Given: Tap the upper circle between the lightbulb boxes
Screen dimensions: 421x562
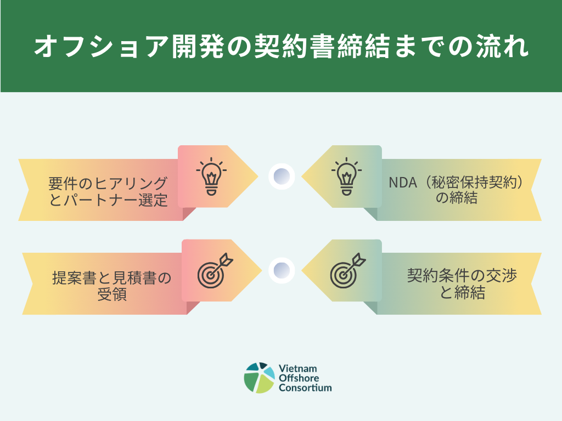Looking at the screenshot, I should tap(282, 177).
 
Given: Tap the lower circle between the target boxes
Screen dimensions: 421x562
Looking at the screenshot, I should tap(282, 270).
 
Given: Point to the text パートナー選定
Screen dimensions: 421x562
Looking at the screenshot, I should tap(115, 200).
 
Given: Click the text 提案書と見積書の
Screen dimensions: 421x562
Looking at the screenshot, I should tap(111, 277).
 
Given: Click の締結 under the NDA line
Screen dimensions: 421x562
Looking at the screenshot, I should tap(456, 198).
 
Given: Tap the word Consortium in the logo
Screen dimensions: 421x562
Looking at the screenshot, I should tap(305, 388).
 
